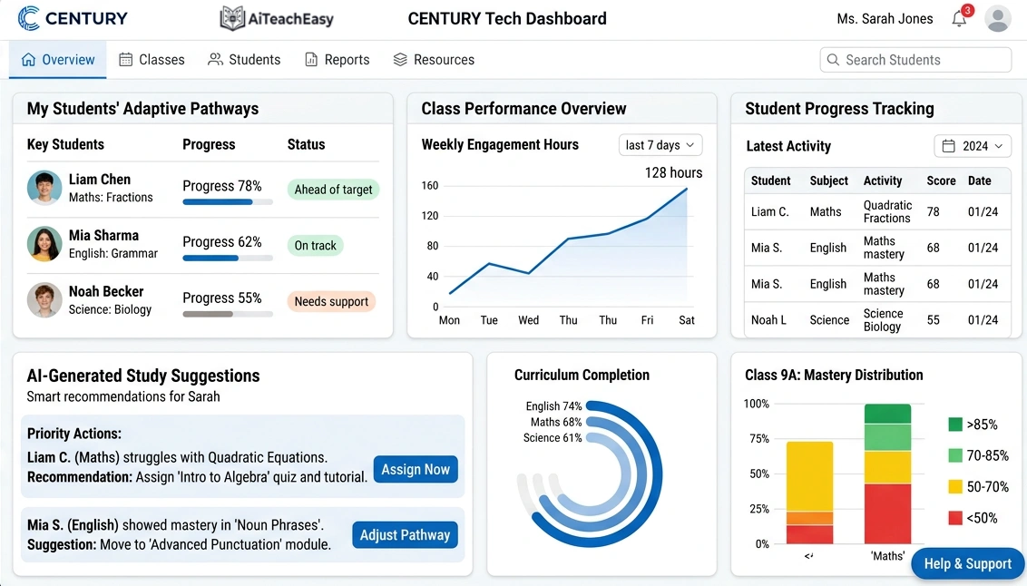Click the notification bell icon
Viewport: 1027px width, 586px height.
pyautogui.click(x=959, y=19)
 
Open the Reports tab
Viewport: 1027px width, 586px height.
pyautogui.click(x=337, y=60)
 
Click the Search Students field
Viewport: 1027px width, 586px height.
pyautogui.click(x=915, y=60)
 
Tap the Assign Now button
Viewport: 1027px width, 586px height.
pyautogui.click(x=416, y=469)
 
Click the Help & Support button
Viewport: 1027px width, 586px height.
pyautogui.click(x=967, y=563)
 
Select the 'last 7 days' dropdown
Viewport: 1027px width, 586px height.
pyautogui.click(x=660, y=145)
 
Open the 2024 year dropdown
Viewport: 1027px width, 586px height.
pyautogui.click(x=973, y=146)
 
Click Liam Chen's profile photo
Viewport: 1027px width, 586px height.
pyautogui.click(x=44, y=188)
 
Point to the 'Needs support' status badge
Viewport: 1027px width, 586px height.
pyautogui.click(x=331, y=301)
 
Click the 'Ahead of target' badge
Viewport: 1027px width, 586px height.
pyautogui.click(x=333, y=190)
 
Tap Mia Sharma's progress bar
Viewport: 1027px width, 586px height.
pyautogui.click(x=228, y=258)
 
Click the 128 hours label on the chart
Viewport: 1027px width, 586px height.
pyautogui.click(x=673, y=172)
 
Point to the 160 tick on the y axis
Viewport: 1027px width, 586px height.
pyautogui.click(x=430, y=186)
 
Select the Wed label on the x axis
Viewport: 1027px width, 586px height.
pyautogui.click(x=528, y=320)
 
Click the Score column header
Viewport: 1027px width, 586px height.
pyautogui.click(x=941, y=181)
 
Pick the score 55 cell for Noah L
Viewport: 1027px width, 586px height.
pyautogui.click(x=933, y=319)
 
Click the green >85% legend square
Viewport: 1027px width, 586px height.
pyautogui.click(x=955, y=424)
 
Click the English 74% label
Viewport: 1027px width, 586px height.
pyautogui.click(x=553, y=406)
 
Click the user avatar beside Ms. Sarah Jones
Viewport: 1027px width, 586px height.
pyautogui.click(x=998, y=19)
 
